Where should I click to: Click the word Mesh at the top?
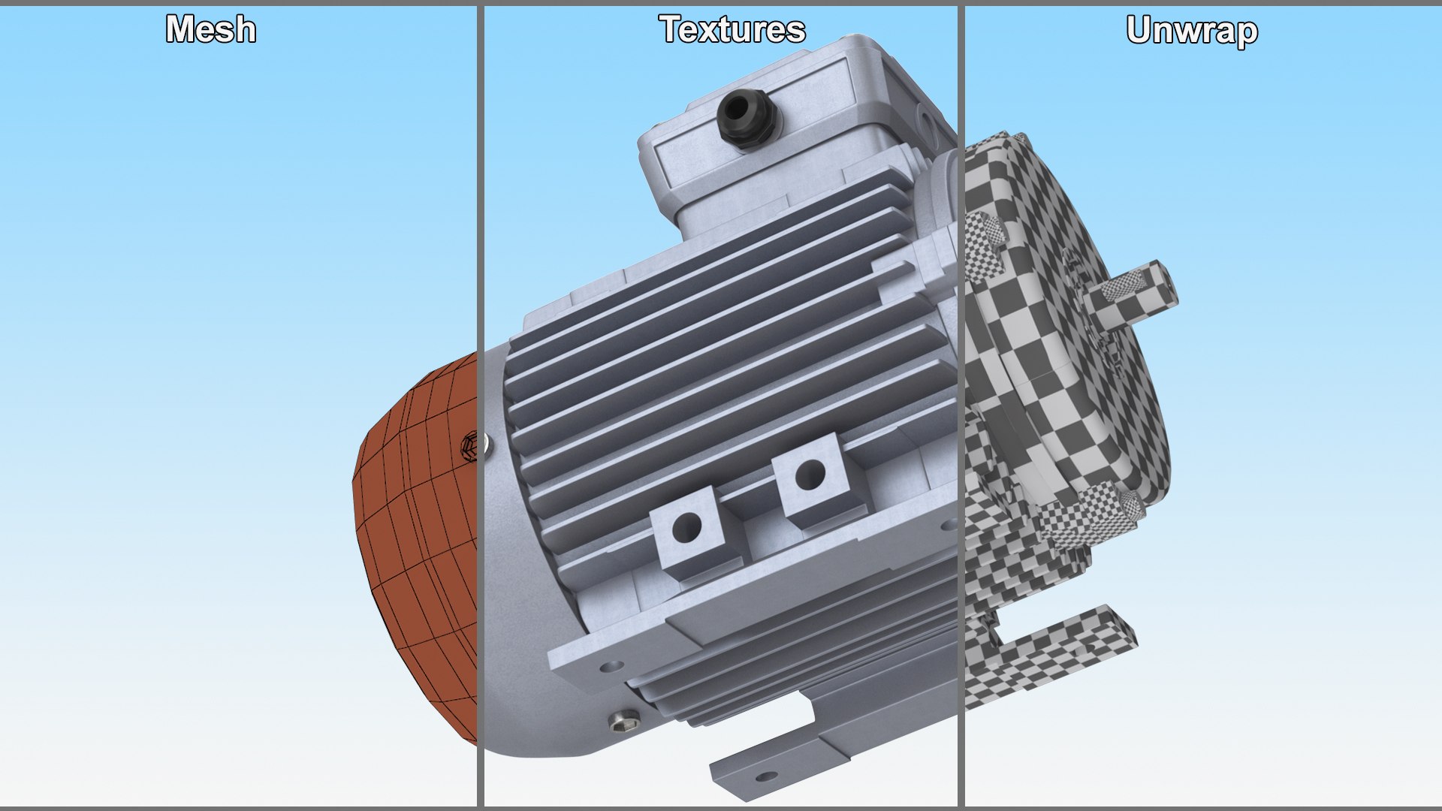click(x=211, y=30)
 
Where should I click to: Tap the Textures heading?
click(x=732, y=30)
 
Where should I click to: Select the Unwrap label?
click(x=1192, y=31)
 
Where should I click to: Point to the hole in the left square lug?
click(x=686, y=526)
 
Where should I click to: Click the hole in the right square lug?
click(x=810, y=473)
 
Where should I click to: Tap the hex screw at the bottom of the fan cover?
click(x=623, y=722)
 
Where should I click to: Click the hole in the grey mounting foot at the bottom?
click(x=765, y=776)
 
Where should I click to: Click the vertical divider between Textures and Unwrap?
click(x=961, y=405)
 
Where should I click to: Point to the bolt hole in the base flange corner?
click(x=610, y=666)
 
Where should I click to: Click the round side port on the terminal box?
click(x=925, y=116)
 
